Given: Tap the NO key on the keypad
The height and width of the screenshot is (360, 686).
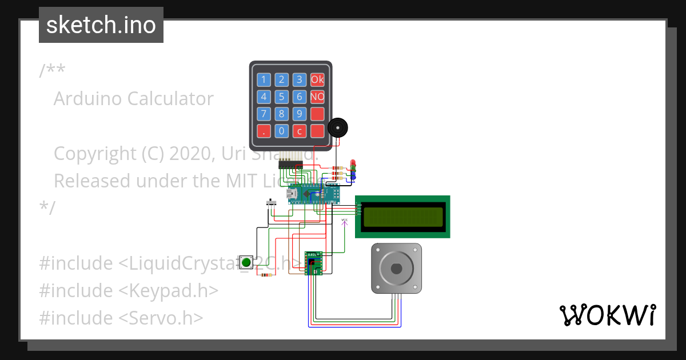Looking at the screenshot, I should click(317, 97).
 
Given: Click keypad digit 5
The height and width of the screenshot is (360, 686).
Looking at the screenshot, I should click(281, 97).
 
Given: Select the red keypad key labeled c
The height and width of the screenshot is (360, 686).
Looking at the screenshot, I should click(299, 131).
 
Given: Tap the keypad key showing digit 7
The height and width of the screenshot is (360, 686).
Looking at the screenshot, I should click(264, 114).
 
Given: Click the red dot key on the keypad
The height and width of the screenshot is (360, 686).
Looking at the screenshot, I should click(264, 131).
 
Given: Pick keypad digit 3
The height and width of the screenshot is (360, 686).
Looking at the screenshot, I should click(299, 79).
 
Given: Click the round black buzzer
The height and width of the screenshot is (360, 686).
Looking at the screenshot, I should click(338, 127).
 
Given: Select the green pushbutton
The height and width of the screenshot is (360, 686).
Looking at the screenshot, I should click(246, 262).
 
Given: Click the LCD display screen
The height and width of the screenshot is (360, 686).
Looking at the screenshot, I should click(403, 217).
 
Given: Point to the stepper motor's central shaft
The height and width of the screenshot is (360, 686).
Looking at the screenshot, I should click(396, 269).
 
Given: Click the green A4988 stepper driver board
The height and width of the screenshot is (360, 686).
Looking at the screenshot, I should click(314, 263).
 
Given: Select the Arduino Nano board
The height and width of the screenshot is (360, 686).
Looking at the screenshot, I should click(313, 194).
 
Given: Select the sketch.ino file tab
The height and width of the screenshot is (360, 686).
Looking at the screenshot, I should click(101, 25).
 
